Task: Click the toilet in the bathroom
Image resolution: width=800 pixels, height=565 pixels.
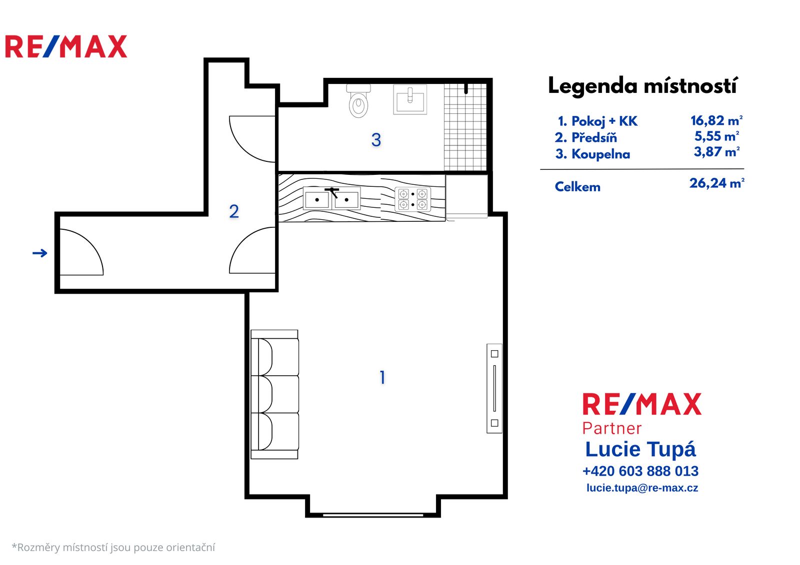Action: (x=358, y=101)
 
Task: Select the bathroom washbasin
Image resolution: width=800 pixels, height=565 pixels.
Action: (x=409, y=99)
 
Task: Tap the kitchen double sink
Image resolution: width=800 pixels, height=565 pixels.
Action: (x=331, y=198)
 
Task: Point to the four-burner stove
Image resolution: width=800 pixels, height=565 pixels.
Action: (x=412, y=199)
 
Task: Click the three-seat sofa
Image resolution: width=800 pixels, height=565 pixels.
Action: (x=274, y=394)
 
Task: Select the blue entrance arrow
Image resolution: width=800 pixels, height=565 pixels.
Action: (x=39, y=253)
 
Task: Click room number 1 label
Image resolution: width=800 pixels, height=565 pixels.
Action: (x=382, y=377)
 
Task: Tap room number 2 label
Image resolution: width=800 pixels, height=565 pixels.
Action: (x=234, y=211)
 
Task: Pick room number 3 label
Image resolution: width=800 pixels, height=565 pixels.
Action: (x=376, y=139)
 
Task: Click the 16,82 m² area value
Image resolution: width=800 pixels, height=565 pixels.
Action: (x=716, y=120)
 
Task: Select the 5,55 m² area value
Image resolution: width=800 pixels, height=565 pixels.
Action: (x=716, y=136)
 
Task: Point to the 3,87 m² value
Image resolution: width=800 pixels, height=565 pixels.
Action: (x=716, y=152)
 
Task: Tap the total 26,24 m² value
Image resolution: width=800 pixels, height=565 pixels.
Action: (x=717, y=183)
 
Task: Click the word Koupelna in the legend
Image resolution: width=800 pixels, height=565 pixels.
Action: (x=600, y=154)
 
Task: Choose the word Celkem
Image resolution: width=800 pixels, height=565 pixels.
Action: (x=577, y=187)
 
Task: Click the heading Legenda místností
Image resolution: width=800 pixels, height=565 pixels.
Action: (x=642, y=86)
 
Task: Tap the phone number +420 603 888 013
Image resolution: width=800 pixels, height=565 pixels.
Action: (x=640, y=471)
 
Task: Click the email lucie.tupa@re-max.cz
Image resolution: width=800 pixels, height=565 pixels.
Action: (x=642, y=488)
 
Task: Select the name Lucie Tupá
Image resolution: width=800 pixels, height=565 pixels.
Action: (x=640, y=450)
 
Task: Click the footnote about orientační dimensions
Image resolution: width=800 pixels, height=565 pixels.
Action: (x=113, y=547)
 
